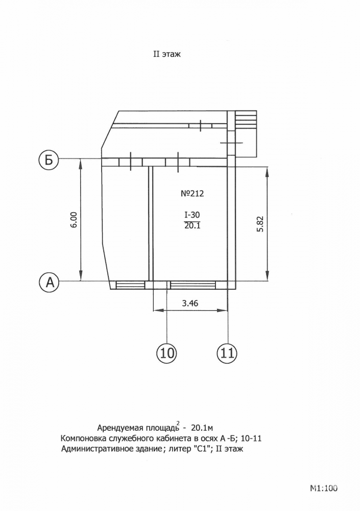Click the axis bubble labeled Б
coord(48,160)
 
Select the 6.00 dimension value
coord(74,220)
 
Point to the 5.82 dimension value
coord(260,224)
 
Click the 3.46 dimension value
coord(190,304)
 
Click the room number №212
coord(192,194)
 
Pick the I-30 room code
coord(192,215)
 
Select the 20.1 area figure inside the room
coord(192,225)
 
